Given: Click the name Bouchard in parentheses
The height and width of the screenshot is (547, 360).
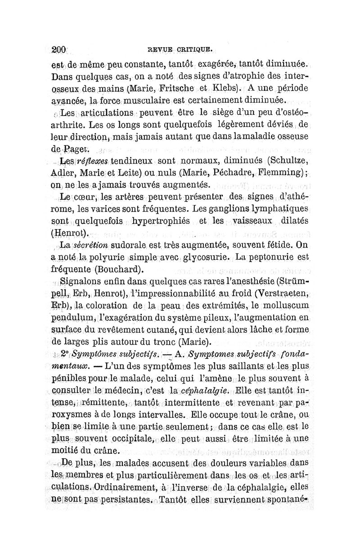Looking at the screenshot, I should [x=119, y=270].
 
